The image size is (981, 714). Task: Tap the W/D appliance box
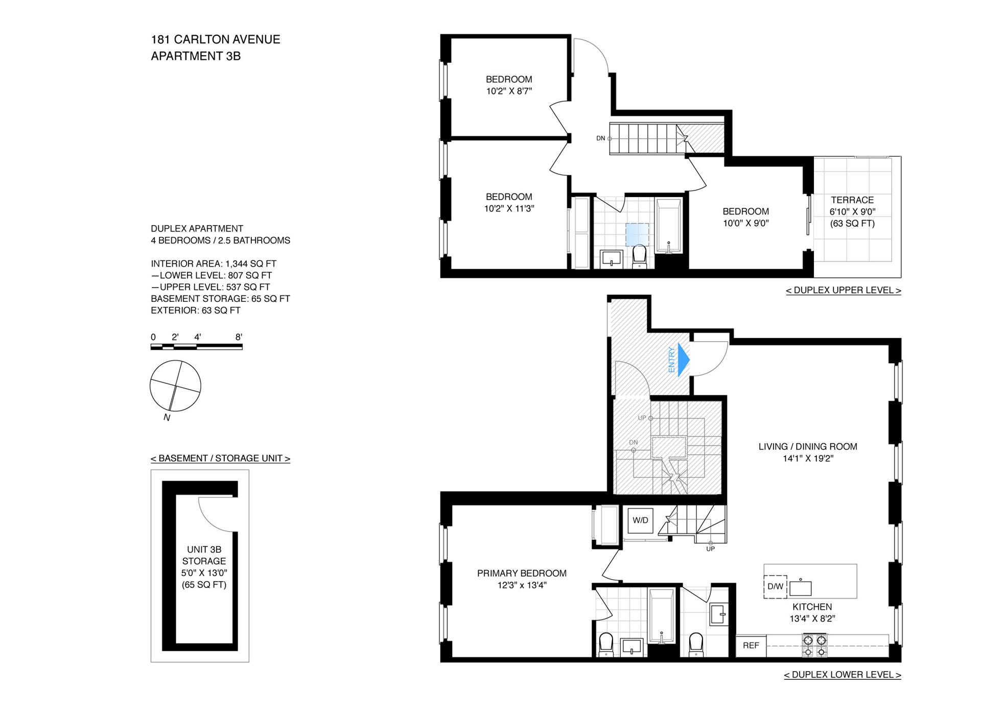tap(640, 520)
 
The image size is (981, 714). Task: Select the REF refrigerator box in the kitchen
tap(751, 646)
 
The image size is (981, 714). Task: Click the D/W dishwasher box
tap(775, 586)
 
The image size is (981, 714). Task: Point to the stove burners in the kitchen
tap(814, 646)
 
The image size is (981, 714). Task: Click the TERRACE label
tap(852, 200)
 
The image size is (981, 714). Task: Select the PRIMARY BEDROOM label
tap(522, 573)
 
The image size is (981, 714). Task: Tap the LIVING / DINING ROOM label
tap(808, 446)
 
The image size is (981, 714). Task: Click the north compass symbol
tap(175, 386)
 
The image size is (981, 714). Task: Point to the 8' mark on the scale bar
tap(239, 337)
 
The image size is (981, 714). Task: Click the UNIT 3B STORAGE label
tap(204, 555)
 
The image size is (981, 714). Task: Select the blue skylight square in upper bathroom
tap(637, 235)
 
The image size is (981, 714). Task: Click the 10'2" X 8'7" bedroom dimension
tap(509, 91)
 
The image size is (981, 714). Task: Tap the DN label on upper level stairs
tap(601, 138)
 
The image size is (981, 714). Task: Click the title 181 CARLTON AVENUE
tap(216, 39)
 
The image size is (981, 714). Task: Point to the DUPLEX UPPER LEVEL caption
tap(844, 290)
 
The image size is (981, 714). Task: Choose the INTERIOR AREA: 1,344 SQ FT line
tap(214, 264)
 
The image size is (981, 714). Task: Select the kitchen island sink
tap(800, 588)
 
